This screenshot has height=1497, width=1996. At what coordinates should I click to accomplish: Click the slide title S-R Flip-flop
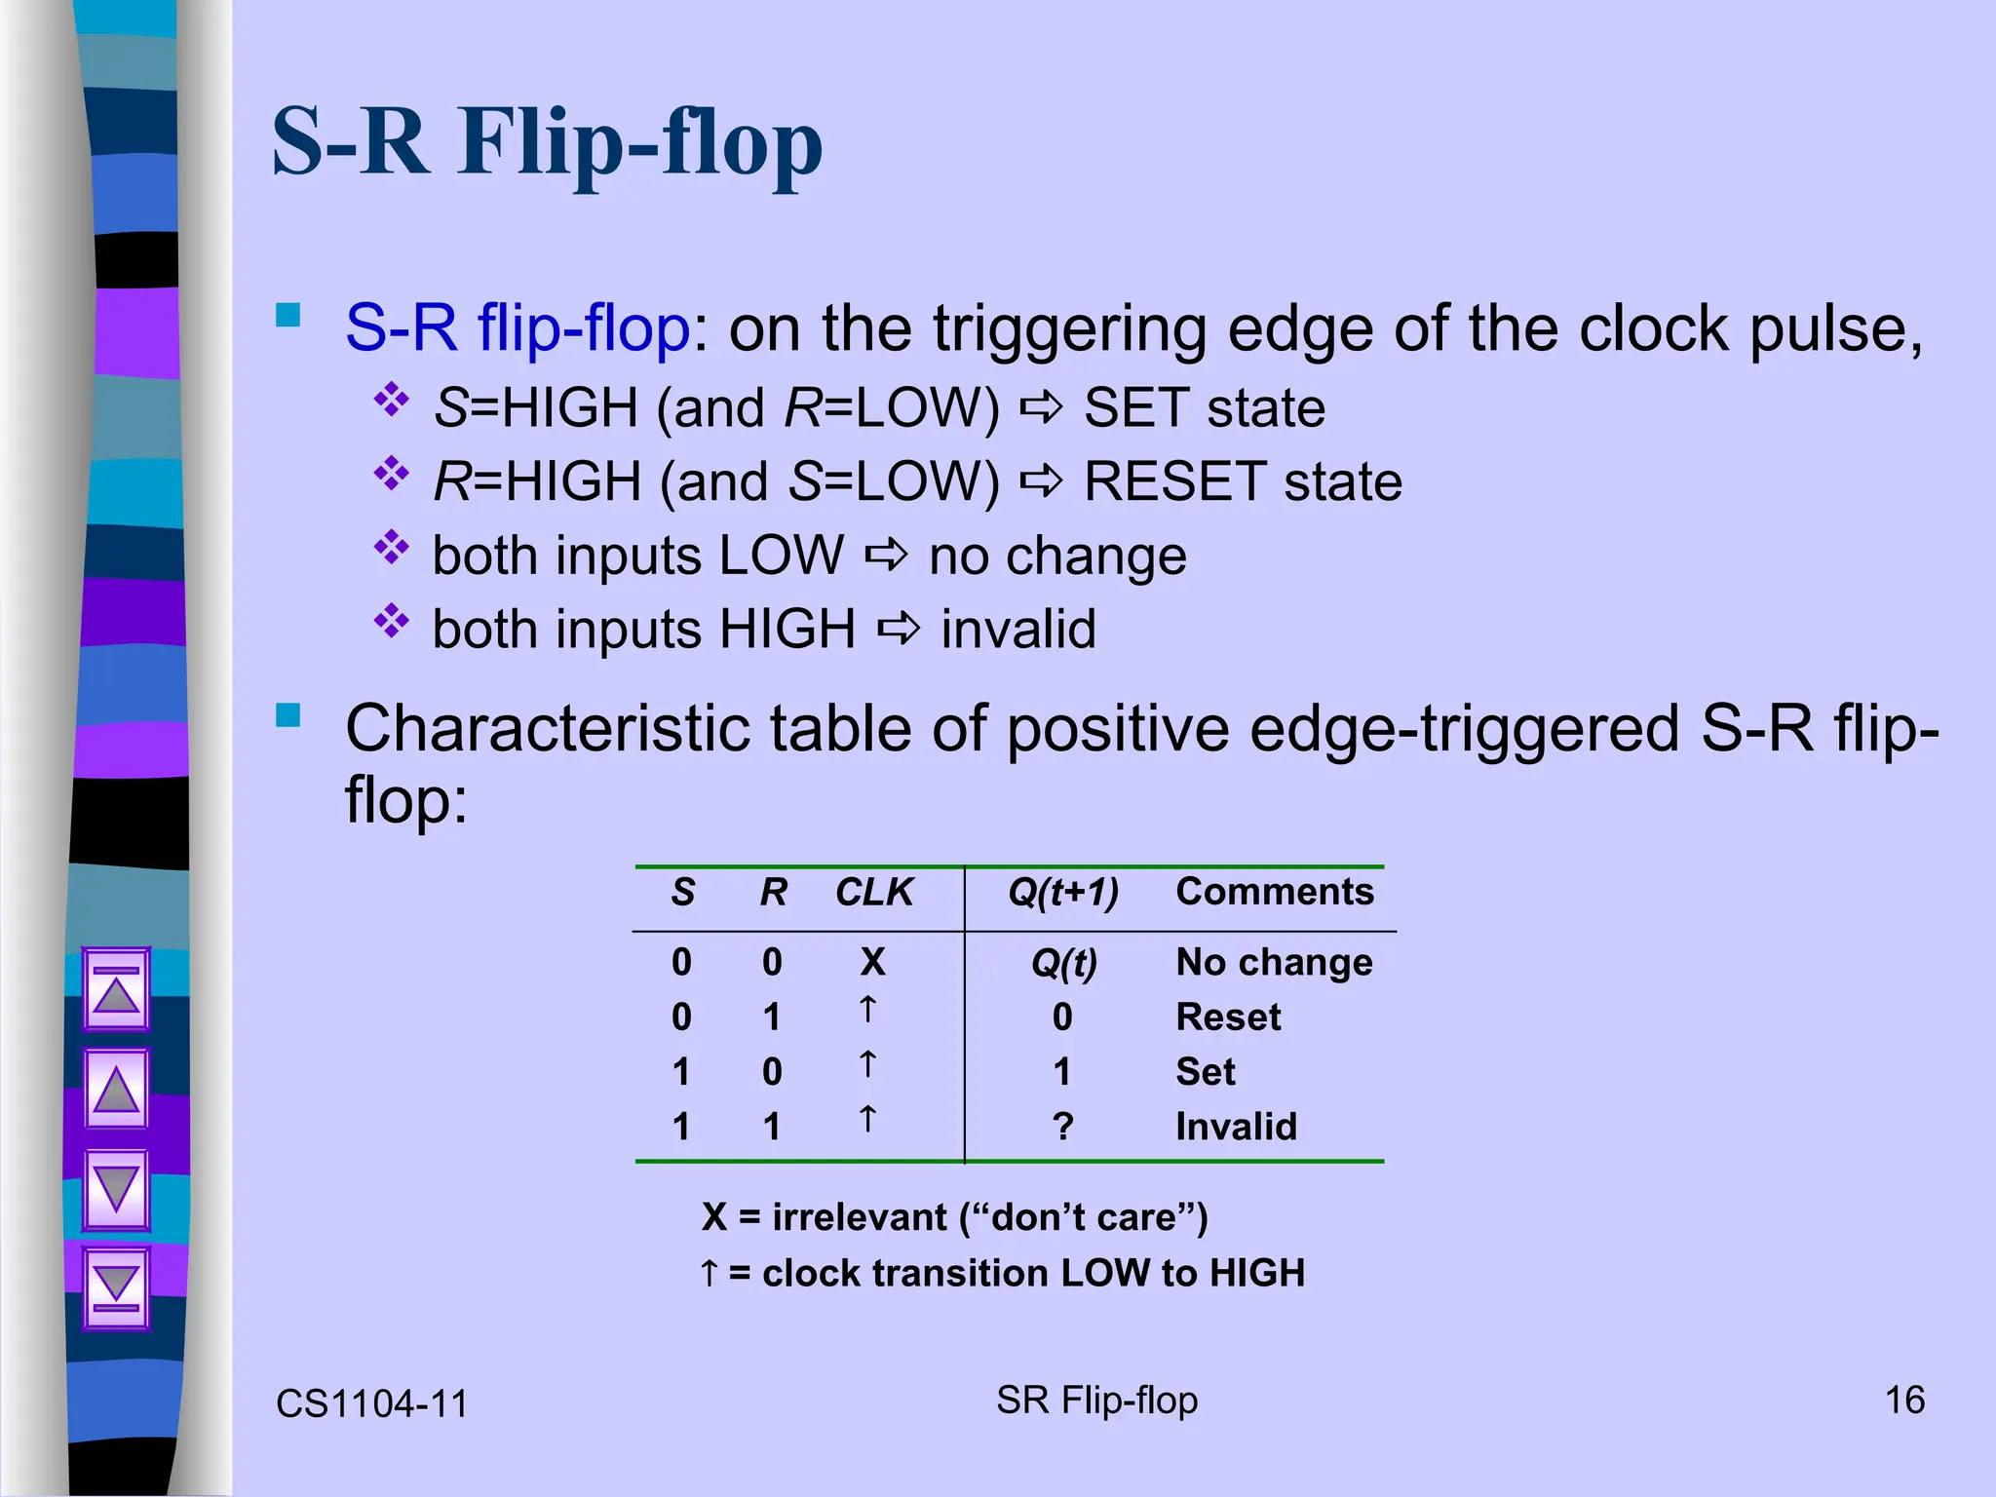[547, 144]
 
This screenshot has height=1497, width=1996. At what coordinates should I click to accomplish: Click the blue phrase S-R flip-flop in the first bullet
[518, 328]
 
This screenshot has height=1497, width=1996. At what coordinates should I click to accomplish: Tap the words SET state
[1204, 407]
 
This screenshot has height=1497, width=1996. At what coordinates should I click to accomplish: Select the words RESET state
[1243, 481]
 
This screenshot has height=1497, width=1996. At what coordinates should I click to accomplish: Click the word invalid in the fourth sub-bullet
[1017, 630]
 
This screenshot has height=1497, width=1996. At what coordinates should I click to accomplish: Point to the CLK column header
[873, 892]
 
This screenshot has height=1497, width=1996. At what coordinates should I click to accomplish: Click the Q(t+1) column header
[1062, 892]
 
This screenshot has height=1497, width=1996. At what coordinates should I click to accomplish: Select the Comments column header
[1274, 892]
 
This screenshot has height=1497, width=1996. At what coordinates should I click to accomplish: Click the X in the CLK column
[872, 962]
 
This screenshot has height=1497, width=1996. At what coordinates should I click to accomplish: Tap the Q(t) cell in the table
[1063, 963]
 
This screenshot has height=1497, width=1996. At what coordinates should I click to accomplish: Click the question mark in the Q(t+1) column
[1062, 1127]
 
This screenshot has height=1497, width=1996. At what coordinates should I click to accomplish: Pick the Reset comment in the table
[1227, 1017]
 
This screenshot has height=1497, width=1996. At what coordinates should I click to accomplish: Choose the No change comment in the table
[1274, 962]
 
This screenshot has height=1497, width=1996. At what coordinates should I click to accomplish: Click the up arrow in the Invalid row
[867, 1119]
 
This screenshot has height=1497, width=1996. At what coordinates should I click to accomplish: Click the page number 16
[1904, 1401]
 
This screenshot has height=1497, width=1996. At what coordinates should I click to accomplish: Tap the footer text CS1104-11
[371, 1404]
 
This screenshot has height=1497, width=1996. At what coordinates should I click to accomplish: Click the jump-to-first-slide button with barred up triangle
[116, 989]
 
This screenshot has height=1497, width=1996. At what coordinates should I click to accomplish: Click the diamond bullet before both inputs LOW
[392, 548]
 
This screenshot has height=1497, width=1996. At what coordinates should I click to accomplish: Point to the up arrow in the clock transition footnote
[710, 1272]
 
